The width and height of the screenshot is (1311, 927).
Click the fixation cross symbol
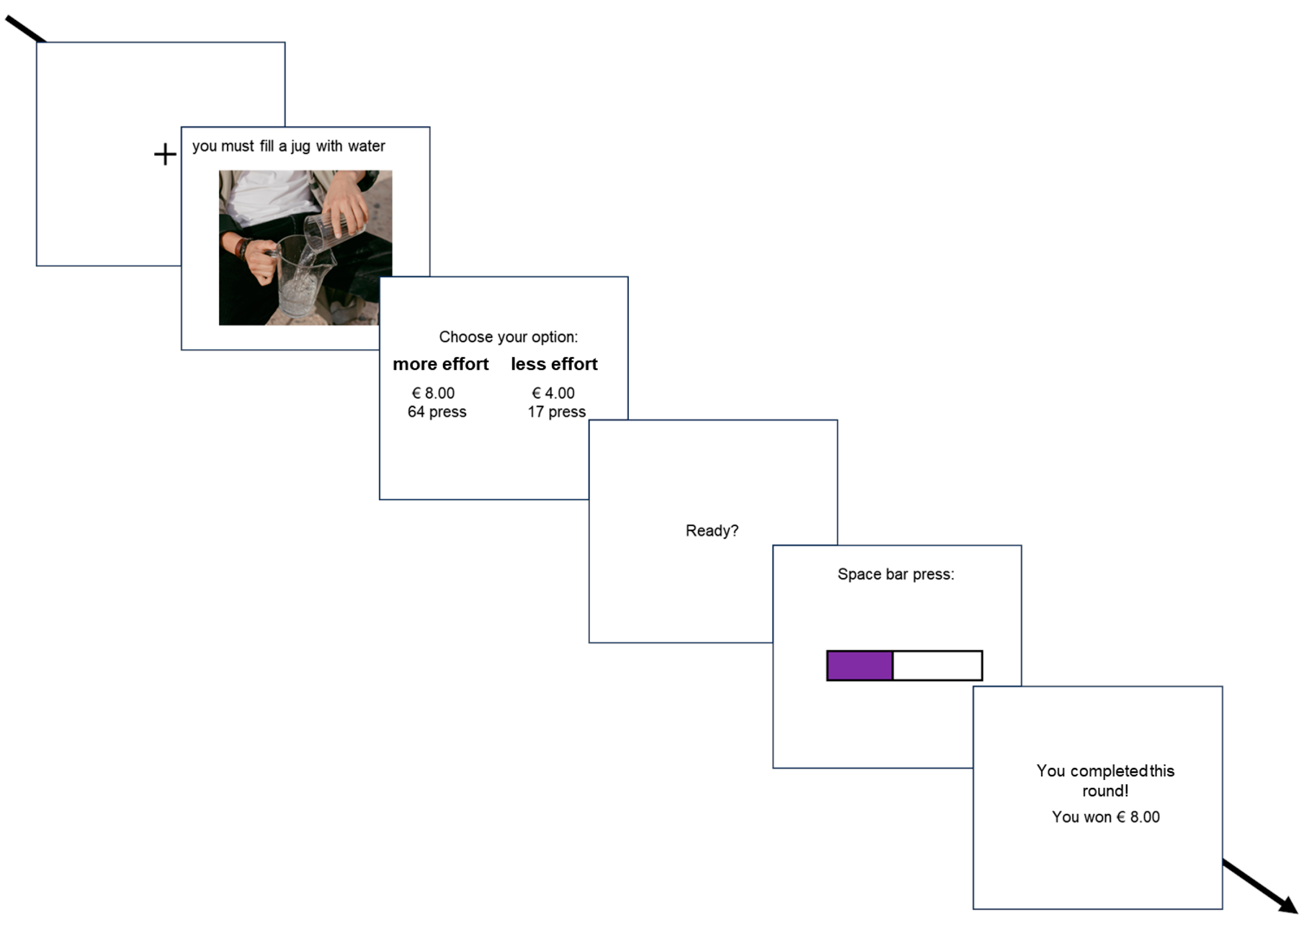pos(165,154)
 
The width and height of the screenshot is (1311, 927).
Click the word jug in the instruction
pos(300,147)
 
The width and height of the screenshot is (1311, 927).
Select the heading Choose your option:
pos(508,337)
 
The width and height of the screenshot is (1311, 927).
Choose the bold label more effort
pos(440,364)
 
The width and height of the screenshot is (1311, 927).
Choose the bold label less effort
pos(554,364)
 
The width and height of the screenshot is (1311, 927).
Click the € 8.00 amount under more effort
pos(433,393)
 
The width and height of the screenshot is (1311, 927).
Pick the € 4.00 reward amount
pos(553,393)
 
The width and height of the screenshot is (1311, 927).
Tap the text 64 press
pos(437,412)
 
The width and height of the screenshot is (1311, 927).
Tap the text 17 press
pos(556,412)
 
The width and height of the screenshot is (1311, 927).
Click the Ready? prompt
pos(711,531)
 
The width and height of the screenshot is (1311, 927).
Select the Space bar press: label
pos(895,574)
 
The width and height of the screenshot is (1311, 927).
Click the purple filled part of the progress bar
pos(859,665)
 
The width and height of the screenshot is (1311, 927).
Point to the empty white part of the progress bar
pos(937,665)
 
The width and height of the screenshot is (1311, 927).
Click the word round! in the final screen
pos(1105,791)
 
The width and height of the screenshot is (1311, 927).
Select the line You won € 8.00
pos(1105,817)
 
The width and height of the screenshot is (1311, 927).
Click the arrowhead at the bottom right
pos(1289,905)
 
